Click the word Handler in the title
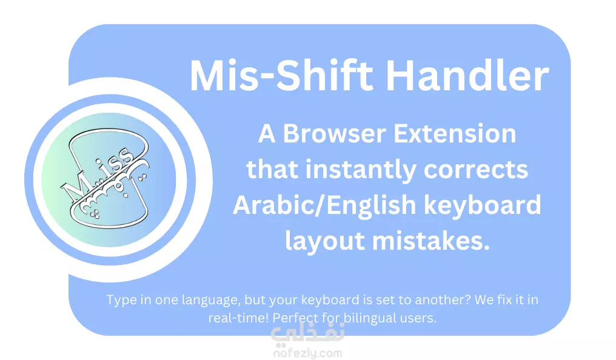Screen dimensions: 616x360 point(467,75)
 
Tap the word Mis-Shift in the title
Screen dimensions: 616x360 point(281,75)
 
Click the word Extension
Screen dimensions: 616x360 point(455,134)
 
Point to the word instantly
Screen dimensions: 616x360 point(361,169)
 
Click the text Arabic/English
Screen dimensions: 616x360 point(324,205)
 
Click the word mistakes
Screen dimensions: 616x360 point(431,241)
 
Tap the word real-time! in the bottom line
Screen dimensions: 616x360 point(238,318)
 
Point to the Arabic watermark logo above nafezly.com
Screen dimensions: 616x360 point(307,335)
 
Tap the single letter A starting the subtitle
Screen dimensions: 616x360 point(267,134)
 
